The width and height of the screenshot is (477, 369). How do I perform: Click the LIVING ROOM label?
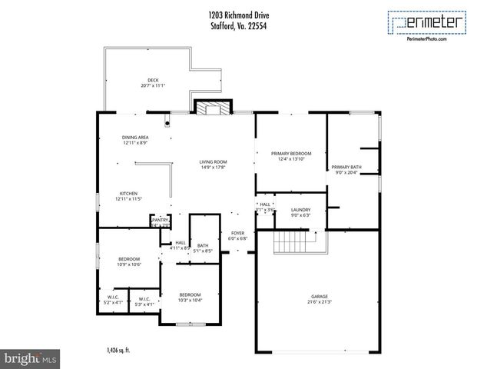tap(213, 161)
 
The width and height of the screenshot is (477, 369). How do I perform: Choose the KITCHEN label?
tap(129, 193)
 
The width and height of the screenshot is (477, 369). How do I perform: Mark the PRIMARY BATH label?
tap(346, 167)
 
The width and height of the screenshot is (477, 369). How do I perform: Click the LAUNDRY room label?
tap(300, 209)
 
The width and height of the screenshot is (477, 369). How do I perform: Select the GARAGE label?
tap(319, 296)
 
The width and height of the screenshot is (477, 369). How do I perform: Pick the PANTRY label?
tap(160, 221)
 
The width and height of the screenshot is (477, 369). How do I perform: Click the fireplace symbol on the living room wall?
tap(211, 108)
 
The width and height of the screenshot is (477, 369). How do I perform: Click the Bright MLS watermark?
tap(31, 357)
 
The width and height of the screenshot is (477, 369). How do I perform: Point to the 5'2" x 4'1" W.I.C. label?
tap(113, 300)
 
